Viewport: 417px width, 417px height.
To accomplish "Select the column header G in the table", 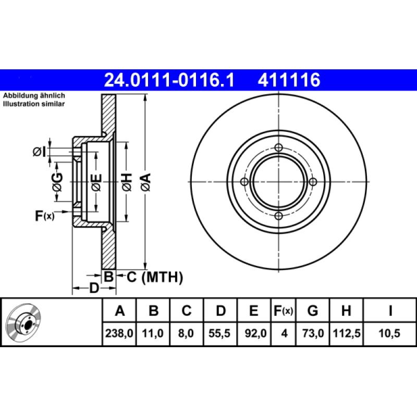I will [x=312, y=311].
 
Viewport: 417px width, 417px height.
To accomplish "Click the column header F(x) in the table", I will [x=284, y=311].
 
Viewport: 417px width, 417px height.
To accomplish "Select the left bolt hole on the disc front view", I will [x=244, y=182].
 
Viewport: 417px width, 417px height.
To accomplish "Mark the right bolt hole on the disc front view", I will [x=313, y=182].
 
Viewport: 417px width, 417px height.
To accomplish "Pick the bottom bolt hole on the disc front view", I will [x=278, y=216].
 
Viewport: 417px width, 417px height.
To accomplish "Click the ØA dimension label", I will [x=145, y=182].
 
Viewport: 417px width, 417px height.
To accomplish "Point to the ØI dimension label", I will [x=39, y=152].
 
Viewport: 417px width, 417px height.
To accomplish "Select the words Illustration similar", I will [x=34, y=104].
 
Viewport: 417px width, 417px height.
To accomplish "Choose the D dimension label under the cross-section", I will [x=94, y=288].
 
